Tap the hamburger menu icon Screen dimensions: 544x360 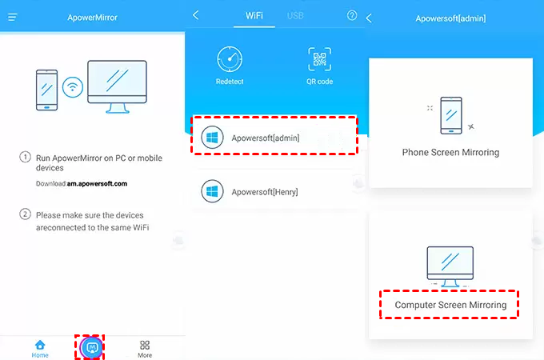coord(13,17)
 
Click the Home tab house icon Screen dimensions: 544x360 coord(40,345)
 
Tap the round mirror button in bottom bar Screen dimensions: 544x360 coord(91,347)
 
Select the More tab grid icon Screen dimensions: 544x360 coord(145,345)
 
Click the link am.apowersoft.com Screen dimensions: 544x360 coord(97,184)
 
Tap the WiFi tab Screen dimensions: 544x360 coord(254,16)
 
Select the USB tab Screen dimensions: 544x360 coord(295,16)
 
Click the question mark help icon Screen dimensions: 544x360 coord(352,15)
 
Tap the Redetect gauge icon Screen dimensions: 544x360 coord(230,59)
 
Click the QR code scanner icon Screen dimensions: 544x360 coord(319,59)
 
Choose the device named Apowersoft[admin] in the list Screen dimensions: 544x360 coord(266,138)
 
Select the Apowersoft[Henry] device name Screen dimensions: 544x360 coord(265,192)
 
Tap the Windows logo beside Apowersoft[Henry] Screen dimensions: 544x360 coord(212,191)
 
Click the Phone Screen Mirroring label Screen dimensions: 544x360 coord(450,152)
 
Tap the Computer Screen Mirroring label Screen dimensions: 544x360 coord(450,305)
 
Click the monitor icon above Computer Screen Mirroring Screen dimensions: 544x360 coord(450,266)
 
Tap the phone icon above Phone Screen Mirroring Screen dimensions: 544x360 coord(451,115)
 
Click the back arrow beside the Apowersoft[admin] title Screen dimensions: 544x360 coord(369,18)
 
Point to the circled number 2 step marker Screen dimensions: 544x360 coord(25,214)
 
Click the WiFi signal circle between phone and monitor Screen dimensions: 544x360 coord(73,86)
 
